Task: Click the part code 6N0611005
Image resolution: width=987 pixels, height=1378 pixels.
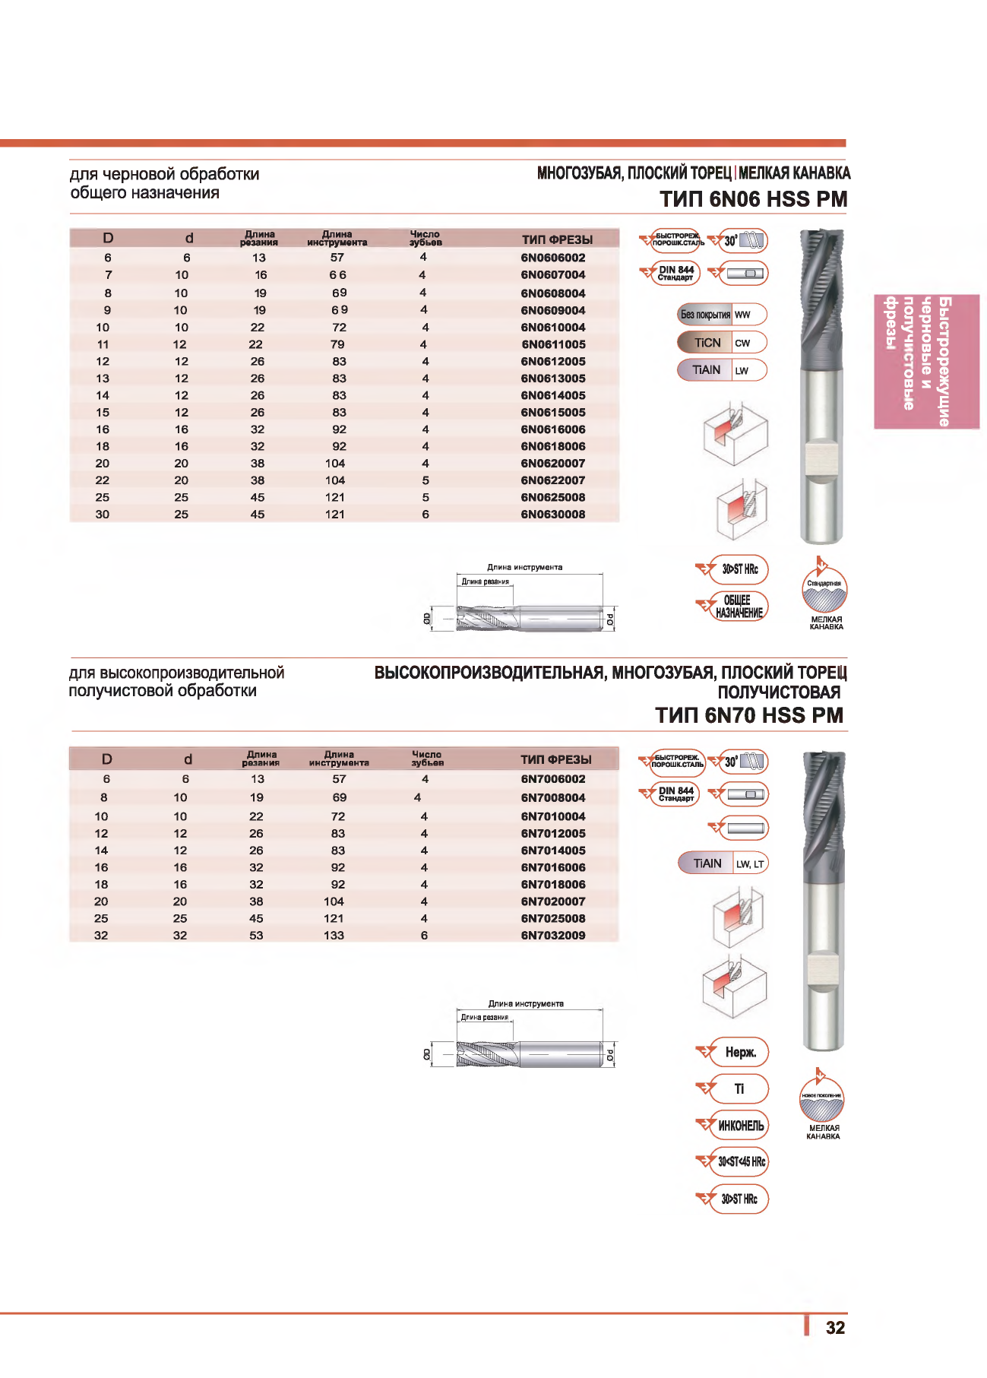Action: tap(553, 344)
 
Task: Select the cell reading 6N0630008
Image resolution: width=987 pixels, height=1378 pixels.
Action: tap(553, 515)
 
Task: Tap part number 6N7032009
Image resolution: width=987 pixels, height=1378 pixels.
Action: tap(553, 936)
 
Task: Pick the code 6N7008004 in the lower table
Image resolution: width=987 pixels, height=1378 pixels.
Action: tap(553, 798)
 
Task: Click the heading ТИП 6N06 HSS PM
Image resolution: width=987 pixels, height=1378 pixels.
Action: tap(753, 199)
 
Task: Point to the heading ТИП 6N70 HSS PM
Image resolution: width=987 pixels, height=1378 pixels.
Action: tap(749, 715)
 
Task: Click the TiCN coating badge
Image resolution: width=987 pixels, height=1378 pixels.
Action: tap(707, 343)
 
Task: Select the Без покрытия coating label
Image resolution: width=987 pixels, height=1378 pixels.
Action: tap(705, 315)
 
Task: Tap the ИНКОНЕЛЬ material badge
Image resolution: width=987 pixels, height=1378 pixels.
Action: tap(740, 1126)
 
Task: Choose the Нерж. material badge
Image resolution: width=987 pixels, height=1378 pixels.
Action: tap(740, 1053)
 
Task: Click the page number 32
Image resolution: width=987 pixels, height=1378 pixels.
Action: tap(835, 1328)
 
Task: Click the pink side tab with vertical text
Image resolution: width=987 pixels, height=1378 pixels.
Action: tap(926, 362)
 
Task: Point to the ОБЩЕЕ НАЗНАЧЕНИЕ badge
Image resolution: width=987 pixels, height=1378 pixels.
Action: tap(739, 607)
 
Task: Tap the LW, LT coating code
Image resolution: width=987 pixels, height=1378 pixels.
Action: tap(750, 864)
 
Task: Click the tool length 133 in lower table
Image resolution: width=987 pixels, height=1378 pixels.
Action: tap(334, 936)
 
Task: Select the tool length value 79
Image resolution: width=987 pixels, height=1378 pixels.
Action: tap(337, 344)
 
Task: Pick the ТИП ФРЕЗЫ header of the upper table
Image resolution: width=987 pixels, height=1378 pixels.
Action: tap(557, 239)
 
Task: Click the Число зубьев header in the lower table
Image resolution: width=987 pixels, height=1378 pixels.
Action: tap(427, 759)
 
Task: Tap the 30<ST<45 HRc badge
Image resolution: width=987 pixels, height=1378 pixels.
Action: tap(740, 1162)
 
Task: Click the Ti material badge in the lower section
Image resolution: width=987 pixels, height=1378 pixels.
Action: tap(739, 1089)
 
